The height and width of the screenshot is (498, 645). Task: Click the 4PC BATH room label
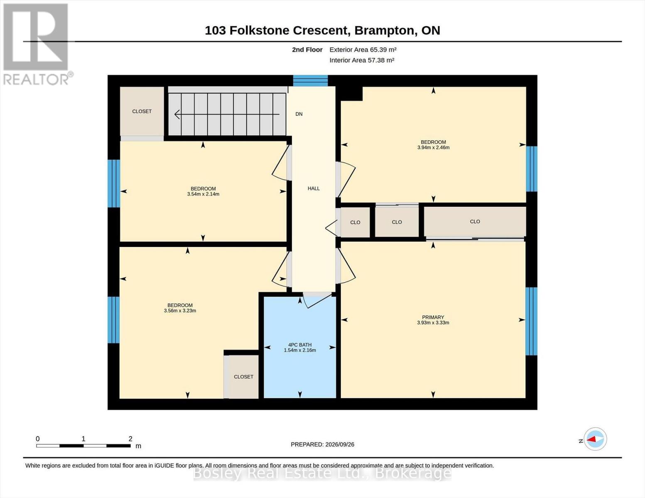pyautogui.click(x=300, y=345)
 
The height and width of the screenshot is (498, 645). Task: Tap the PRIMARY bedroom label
pyautogui.click(x=433, y=317)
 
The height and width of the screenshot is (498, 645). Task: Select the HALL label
pyautogui.click(x=314, y=188)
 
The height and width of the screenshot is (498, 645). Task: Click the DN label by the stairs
pyautogui.click(x=299, y=114)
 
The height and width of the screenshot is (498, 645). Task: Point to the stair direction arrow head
pyautogui.click(x=177, y=114)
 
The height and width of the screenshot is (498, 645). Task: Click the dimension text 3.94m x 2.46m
pyautogui.click(x=433, y=147)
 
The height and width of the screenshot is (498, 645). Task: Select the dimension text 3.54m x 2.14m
pyautogui.click(x=204, y=194)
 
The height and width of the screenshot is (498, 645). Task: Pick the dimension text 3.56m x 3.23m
pyautogui.click(x=180, y=310)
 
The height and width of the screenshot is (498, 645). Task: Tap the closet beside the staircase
pyautogui.click(x=142, y=111)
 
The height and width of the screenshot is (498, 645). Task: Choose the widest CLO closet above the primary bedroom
pyautogui.click(x=475, y=222)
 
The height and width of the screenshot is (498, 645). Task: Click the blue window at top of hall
pyautogui.click(x=311, y=81)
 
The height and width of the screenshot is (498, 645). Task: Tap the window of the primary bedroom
pyautogui.click(x=531, y=321)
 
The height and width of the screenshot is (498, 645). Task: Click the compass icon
pyautogui.click(x=595, y=439)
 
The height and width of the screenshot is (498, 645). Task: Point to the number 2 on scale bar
pyautogui.click(x=130, y=439)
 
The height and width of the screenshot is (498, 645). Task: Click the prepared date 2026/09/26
pyautogui.click(x=340, y=444)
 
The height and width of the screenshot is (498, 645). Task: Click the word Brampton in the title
pyautogui.click(x=385, y=30)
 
